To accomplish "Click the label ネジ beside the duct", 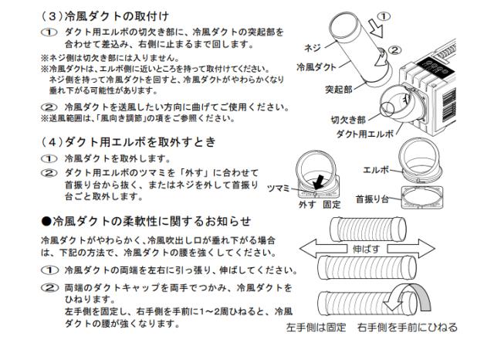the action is point(313,48).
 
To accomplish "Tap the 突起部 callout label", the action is point(338,90).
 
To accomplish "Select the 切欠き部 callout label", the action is point(348,120).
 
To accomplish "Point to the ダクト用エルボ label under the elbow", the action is point(365,134).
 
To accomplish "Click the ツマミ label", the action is point(278,188).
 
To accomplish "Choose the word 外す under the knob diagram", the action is point(307,205).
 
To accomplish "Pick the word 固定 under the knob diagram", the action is point(331,205).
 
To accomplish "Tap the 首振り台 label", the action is point(372,199).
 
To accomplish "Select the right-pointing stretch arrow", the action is point(411,249).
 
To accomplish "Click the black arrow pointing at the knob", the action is point(320,182).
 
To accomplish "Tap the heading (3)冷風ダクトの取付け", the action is point(105,16).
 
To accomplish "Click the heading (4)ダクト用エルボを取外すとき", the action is point(128,142).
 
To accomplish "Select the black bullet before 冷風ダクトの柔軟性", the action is point(46,221).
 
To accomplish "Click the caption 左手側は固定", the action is point(316,328).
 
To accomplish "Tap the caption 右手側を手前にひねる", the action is point(407,328).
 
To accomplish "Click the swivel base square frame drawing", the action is point(422,197).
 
